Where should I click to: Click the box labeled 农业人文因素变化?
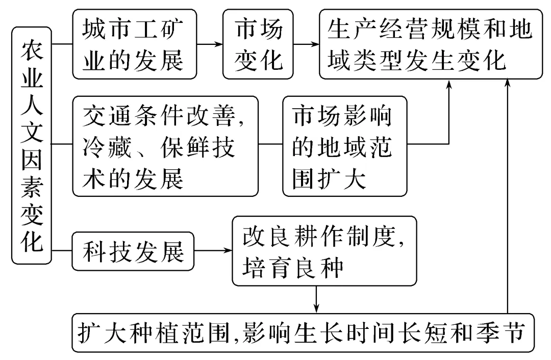coord(32,145)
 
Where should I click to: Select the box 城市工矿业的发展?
coord(135,44)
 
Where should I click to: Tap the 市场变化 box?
coord(258,44)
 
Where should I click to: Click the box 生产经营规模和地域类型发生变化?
coord(431,44)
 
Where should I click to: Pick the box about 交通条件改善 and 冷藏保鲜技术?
coord(165,146)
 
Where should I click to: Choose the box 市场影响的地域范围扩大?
coord(345,146)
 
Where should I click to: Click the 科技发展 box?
coord(133,251)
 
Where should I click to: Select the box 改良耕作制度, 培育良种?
coord(324,251)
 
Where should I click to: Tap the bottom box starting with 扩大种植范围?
coord(303,332)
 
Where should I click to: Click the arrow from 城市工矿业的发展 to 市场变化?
coord(210,44)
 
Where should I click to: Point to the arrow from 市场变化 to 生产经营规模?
coord(306,44)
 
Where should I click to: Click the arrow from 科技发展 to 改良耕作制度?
coord(213,250)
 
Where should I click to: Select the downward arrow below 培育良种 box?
coord(317,299)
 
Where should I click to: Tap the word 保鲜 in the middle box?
coord(185,147)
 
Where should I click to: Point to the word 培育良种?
coord(293,268)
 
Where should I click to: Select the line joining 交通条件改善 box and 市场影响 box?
coord(270,144)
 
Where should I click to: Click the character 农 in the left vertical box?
coord(32,49)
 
